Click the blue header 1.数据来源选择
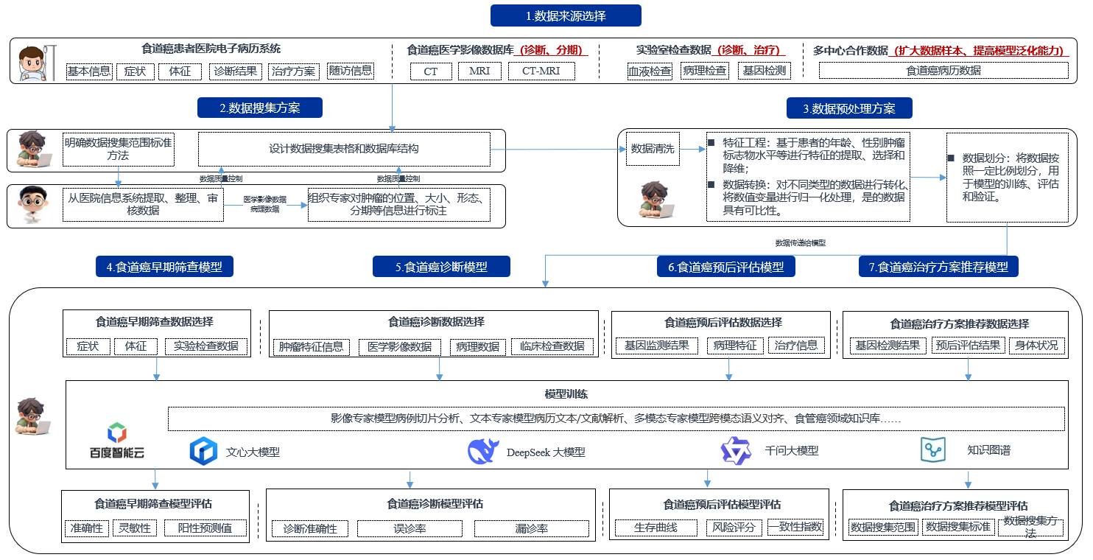point(566,15)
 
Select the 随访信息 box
point(351,71)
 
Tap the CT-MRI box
point(541,71)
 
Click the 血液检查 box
point(649,71)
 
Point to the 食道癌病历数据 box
point(943,71)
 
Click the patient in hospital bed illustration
point(34,65)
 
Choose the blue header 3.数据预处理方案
point(849,108)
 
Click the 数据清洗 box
point(652,149)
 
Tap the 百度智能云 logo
point(117,442)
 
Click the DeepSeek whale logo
point(483,451)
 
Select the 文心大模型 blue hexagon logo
point(203,451)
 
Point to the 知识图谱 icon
point(932,449)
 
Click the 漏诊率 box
point(531,528)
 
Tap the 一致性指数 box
point(795,527)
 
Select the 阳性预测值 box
point(205,528)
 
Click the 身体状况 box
point(1036,345)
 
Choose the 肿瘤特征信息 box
point(311,346)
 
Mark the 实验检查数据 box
point(206,346)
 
